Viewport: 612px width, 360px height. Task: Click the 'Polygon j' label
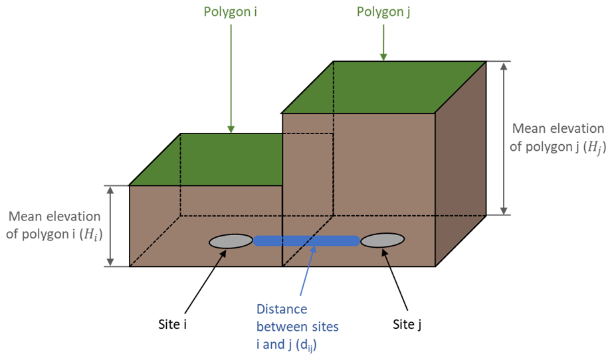click(x=383, y=13)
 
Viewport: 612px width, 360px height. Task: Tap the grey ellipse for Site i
click(x=231, y=242)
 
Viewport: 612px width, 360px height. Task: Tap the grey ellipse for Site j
click(x=383, y=241)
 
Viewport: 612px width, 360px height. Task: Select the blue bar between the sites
click(x=306, y=241)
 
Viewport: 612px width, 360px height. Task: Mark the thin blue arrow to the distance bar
click(x=308, y=272)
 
